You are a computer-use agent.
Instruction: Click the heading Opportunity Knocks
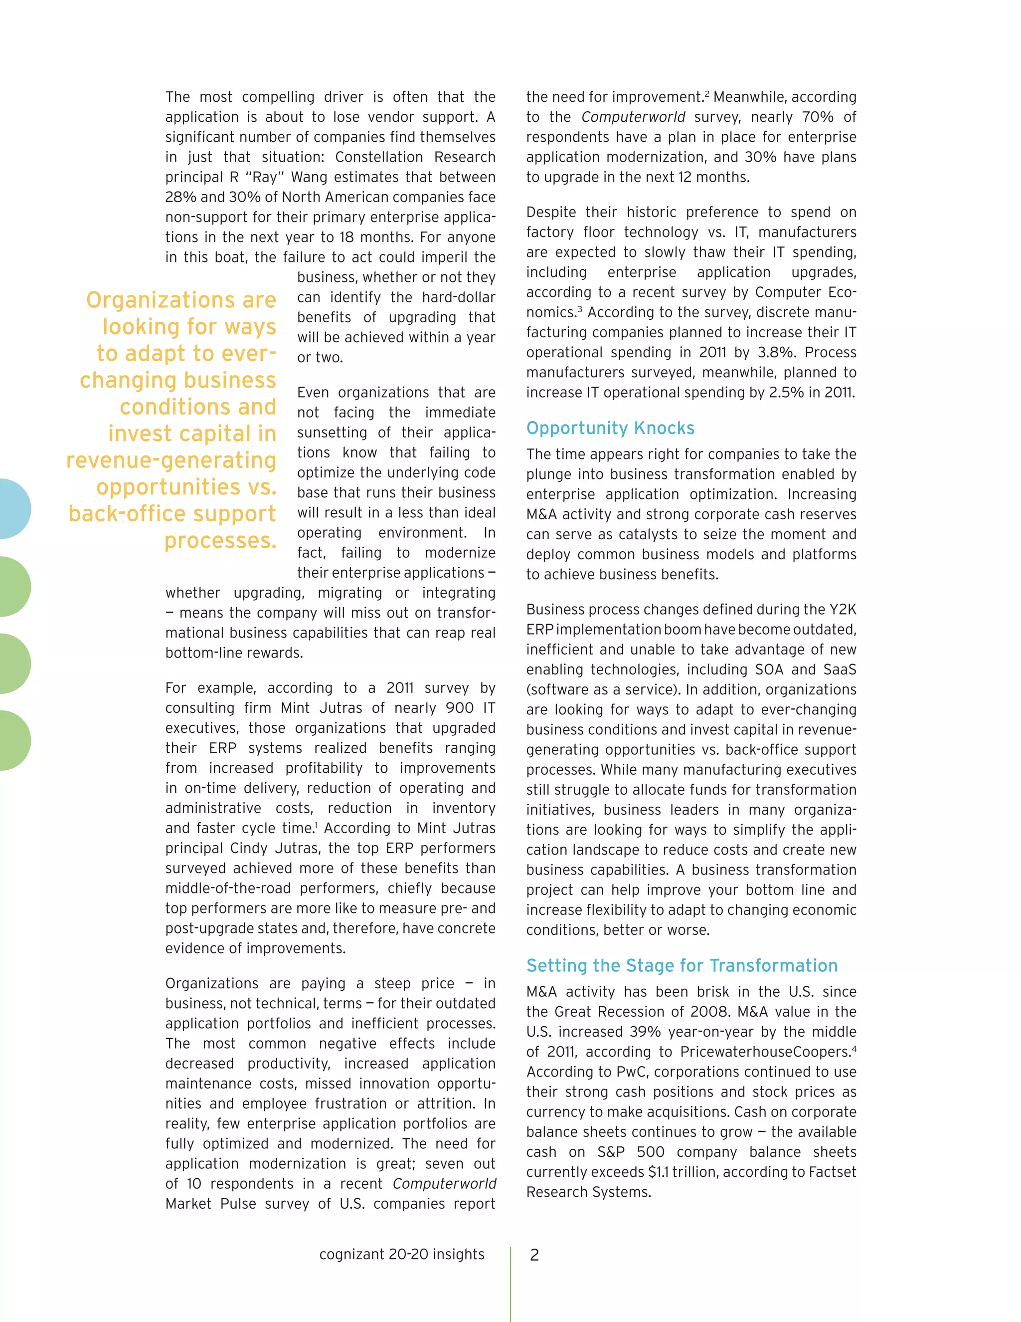point(610,428)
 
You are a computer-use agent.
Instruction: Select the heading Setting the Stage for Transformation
point(681,965)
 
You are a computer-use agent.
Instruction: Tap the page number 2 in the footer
point(534,1255)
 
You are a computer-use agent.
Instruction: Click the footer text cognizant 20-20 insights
point(402,1254)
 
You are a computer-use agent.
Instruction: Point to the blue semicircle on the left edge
point(13,508)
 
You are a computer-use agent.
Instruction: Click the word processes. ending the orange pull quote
point(220,540)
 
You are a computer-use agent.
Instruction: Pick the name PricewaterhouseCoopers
point(765,1052)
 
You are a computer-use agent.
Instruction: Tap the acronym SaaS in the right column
point(840,669)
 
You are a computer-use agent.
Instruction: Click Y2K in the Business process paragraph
point(843,610)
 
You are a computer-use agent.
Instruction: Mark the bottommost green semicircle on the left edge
point(13,740)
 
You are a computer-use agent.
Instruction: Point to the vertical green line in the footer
point(510,1283)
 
